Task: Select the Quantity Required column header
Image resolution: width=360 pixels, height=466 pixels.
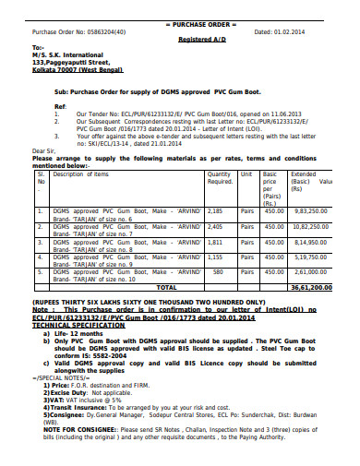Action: click(220, 177)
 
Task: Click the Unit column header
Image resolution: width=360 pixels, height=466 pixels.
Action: click(247, 173)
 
